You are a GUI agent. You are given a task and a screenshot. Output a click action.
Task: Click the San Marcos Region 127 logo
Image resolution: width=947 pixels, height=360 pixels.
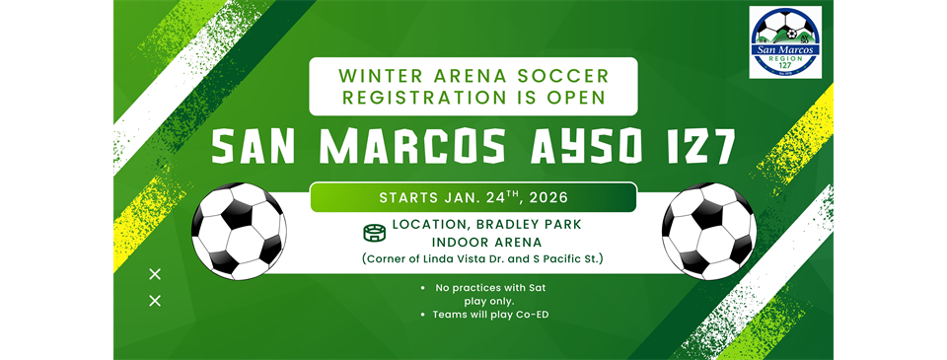point(786,42)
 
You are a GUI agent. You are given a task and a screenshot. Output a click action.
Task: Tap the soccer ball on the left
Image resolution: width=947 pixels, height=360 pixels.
point(239,232)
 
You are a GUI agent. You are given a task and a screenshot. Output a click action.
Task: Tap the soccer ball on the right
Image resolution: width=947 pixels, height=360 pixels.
point(709,232)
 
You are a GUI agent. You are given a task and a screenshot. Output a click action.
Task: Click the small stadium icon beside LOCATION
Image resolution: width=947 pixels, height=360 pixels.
point(374,233)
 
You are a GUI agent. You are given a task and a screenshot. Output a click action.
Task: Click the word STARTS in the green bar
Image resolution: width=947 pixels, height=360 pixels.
point(402,197)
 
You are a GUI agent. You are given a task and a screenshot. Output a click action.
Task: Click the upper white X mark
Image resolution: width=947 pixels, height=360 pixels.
point(155,275)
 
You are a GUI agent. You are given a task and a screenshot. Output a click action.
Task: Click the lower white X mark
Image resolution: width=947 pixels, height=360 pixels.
point(155,301)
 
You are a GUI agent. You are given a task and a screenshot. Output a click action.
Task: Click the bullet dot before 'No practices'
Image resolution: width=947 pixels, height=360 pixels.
point(423,289)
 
